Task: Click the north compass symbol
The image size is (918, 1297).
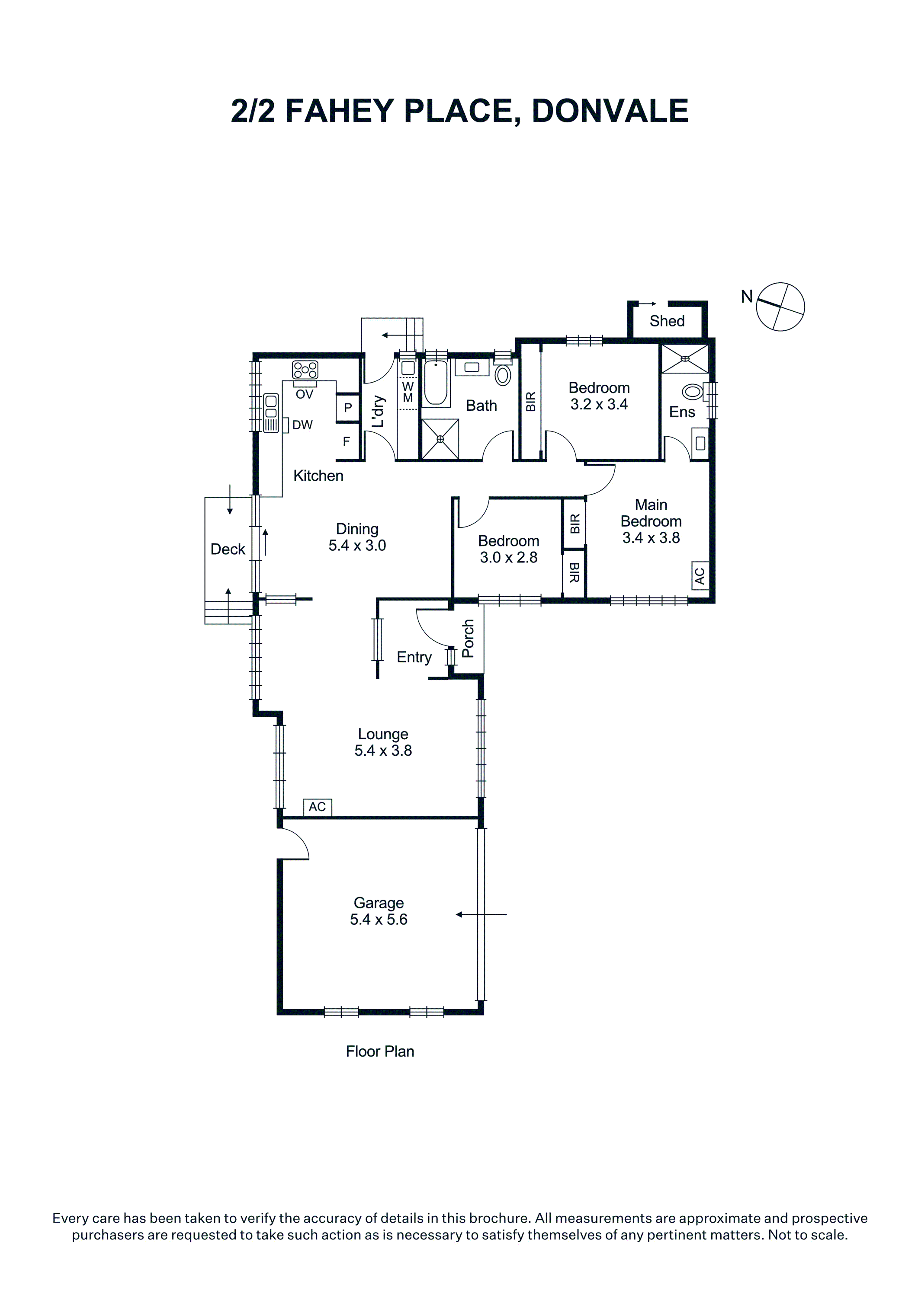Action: (780, 307)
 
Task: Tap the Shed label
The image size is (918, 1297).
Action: (667, 321)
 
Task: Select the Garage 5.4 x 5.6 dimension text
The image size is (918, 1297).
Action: (379, 919)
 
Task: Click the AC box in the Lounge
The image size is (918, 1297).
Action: (318, 807)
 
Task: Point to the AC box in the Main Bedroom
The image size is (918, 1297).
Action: (700, 575)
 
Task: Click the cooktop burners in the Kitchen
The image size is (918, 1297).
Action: (305, 370)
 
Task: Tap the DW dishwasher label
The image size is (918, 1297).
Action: (302, 425)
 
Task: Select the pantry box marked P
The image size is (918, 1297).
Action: (348, 407)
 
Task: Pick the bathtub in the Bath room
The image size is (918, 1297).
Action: (436, 383)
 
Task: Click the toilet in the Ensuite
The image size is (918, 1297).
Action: (693, 391)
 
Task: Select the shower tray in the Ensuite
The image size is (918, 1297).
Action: (685, 358)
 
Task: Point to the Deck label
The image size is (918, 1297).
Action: (228, 549)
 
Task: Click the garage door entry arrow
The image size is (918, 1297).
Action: (481, 914)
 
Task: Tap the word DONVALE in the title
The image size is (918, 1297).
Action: (610, 111)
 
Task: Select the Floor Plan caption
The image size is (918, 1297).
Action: (380, 1051)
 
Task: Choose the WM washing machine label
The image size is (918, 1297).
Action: (408, 392)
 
